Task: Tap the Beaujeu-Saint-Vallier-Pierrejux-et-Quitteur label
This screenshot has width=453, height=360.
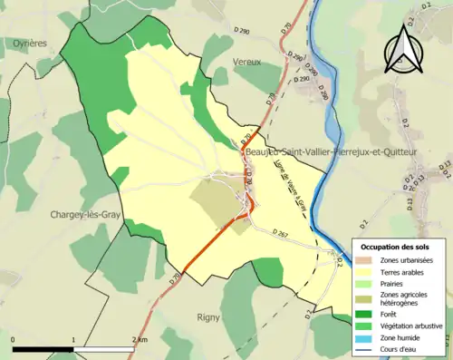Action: click(331, 153)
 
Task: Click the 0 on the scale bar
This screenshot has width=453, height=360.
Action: click(14, 339)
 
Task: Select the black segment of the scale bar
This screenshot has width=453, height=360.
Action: click(43, 348)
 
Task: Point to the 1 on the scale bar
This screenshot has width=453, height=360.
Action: click(73, 339)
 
